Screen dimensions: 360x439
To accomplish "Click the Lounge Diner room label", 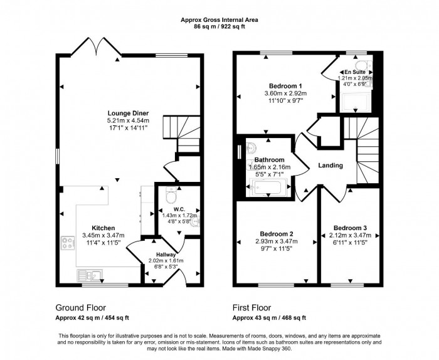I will [x=127, y=113].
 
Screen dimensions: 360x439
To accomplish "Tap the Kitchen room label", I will [x=103, y=228].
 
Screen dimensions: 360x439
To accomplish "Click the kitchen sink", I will [x=86, y=274].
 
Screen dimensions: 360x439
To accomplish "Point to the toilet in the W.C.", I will [x=169, y=196].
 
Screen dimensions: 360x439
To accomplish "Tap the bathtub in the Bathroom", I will [x=268, y=186].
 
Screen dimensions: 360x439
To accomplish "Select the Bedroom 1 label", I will [x=286, y=86].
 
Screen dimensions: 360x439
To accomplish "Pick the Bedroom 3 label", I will [x=350, y=227].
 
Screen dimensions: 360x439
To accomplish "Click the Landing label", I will [x=331, y=166].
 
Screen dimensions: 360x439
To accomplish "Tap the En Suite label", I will [x=354, y=72].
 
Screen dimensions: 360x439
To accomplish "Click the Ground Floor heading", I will [x=81, y=308].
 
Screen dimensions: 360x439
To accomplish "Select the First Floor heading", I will [x=251, y=308].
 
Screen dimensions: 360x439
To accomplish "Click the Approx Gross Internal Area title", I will [x=219, y=20].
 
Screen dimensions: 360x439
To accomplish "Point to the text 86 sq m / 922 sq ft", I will [x=219, y=28].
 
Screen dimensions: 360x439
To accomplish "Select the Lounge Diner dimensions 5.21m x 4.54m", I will [x=127, y=120].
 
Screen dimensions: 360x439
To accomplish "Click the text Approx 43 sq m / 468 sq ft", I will [x=269, y=318].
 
